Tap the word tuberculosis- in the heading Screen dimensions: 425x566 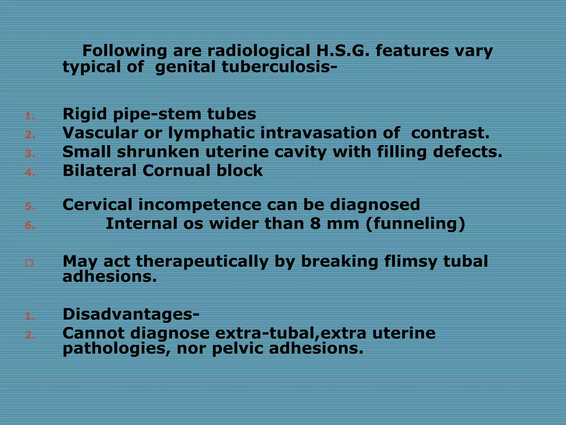click(279, 67)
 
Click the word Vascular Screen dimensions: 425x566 click(100, 133)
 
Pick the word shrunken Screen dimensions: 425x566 click(158, 152)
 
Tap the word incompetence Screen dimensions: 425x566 click(200, 205)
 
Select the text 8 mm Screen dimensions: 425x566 click(334, 224)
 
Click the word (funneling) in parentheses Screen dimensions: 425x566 click(415, 224)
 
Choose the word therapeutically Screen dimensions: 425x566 click(202, 262)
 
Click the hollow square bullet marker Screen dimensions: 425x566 click(29, 263)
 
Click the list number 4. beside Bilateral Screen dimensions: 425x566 click(30, 173)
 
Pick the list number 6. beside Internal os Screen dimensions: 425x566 click(30, 226)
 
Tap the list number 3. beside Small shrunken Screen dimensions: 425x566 click(30, 154)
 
